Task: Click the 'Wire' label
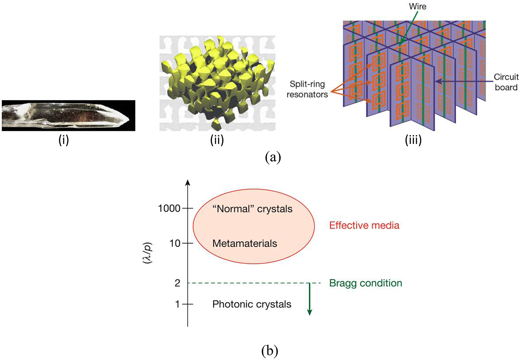point(418,7)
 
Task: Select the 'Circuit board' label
point(506,82)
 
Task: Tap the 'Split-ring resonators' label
point(307,89)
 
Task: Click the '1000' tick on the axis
point(169,209)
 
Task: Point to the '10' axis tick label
point(175,243)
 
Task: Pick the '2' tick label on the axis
point(178,283)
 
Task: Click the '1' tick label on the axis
point(178,304)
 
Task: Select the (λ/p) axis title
point(147,253)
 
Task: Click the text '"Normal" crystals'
point(252,209)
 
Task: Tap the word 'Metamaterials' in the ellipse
point(245,244)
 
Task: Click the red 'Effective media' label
point(364,226)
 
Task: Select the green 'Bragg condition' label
point(365,283)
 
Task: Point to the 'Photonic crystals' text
point(252,304)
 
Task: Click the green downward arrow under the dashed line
point(309,305)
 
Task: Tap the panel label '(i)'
point(64,140)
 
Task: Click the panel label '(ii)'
point(217,140)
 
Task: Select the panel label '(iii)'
point(413,140)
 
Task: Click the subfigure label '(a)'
point(273,157)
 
